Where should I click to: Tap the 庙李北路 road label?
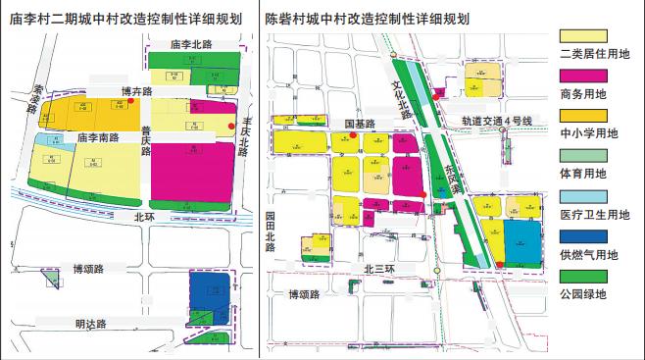pyautogui.click(x=191, y=45)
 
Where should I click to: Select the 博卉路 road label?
pyautogui.click(x=139, y=91)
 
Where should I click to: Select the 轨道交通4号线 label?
pyautogui.click(x=497, y=121)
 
